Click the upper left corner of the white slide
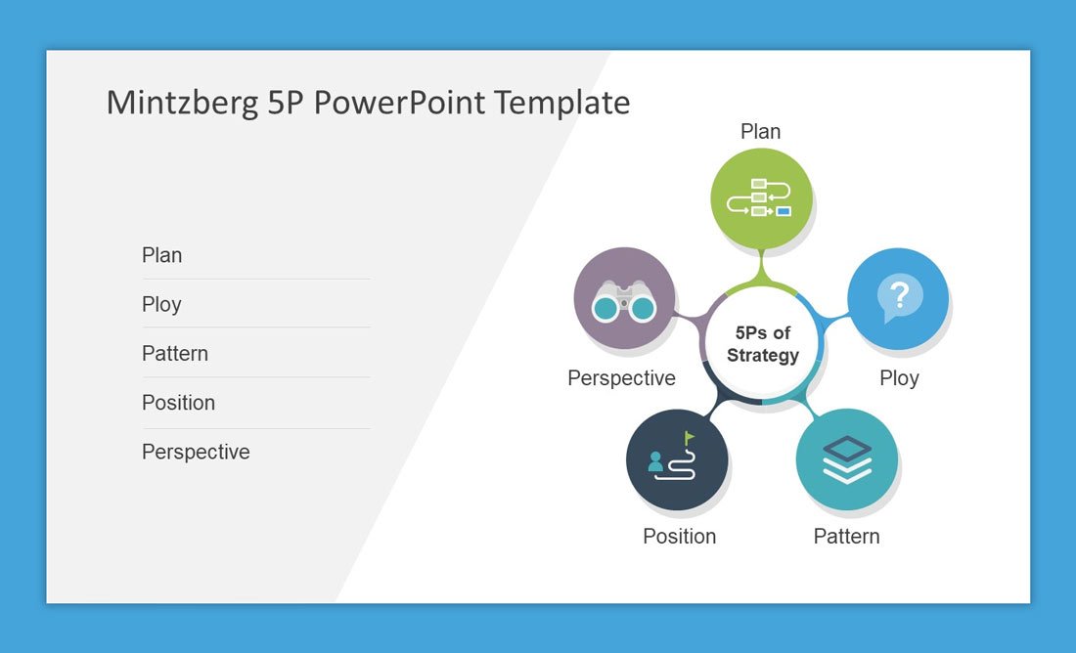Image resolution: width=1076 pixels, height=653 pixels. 47,51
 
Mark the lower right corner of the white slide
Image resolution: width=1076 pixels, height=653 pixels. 1030,603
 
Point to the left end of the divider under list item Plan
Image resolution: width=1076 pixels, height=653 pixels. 143,279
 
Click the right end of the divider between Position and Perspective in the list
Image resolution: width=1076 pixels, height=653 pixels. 371,429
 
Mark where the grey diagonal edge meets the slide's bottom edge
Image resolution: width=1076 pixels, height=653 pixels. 336,603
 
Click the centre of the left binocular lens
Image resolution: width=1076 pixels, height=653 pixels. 605,308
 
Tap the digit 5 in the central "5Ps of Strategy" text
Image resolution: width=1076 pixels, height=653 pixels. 740,332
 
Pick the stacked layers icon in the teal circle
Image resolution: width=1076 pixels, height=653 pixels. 847,459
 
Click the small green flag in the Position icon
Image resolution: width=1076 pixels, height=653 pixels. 689,438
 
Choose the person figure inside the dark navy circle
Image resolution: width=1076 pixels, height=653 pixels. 655,461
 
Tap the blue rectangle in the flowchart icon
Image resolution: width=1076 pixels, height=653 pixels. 783,211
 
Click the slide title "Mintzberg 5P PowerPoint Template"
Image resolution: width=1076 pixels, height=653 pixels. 368,103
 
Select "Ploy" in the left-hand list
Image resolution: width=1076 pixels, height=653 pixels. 161,304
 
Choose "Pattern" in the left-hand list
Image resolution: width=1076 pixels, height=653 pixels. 175,353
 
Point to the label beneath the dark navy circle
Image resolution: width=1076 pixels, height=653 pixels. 680,536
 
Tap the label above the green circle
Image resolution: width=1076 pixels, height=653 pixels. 760,131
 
